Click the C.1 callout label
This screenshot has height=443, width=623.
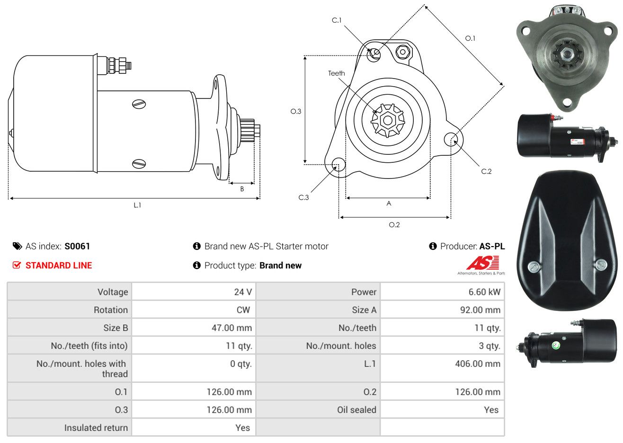(337, 20)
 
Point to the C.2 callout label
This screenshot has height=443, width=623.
(486, 171)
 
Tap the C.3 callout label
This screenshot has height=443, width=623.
(303, 197)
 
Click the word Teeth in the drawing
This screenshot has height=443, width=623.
(336, 73)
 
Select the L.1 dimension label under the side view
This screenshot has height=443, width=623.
(137, 205)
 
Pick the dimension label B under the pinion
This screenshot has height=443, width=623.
(242, 189)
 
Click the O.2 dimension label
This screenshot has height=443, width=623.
(394, 225)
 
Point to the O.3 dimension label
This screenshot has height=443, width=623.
(296, 112)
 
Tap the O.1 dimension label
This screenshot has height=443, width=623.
(470, 38)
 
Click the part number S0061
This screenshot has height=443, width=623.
(77, 246)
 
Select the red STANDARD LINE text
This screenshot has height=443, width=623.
(59, 266)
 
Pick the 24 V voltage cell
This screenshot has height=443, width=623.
(243, 292)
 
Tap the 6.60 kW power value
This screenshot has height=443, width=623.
(484, 292)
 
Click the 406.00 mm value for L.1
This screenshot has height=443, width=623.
(478, 363)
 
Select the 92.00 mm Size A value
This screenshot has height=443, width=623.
(480, 310)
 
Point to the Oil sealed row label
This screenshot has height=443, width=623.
(356, 409)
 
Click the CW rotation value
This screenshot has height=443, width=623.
(243, 310)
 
